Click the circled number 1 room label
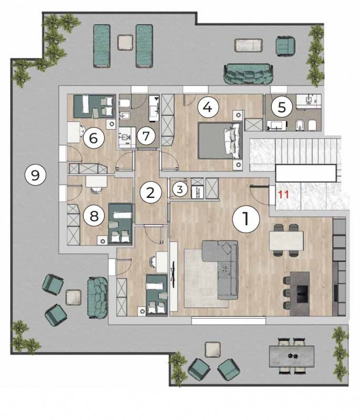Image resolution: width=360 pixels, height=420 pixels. point(246,218)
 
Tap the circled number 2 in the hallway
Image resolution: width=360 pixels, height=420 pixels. point(150,193)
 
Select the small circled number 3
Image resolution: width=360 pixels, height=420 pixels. point(180,190)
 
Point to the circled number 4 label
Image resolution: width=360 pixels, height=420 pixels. point(208,107)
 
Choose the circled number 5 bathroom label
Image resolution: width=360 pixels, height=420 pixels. point(282,107)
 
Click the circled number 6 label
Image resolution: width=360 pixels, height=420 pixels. point(93,139)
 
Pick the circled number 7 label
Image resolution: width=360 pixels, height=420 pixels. point(146,136)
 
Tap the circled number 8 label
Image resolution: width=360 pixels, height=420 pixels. point(94,216)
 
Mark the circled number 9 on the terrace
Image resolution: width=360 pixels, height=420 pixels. point(35,176)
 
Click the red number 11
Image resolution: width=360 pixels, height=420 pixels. point(284,194)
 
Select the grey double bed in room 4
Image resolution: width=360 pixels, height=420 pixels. point(220,141)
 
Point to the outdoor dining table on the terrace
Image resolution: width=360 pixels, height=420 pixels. point(292,356)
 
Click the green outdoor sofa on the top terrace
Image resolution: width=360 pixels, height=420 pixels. point(249,74)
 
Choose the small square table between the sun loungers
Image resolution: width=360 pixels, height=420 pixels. point(125,43)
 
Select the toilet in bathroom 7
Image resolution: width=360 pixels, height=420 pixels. point(125,103)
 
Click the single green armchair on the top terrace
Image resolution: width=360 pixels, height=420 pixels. point(286,44)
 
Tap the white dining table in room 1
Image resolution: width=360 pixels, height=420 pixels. point(286,240)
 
